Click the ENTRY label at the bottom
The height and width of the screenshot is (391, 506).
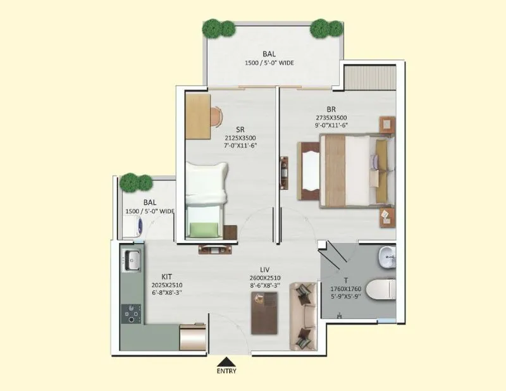click(x=226, y=371)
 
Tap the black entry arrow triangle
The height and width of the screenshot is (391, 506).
click(x=225, y=361)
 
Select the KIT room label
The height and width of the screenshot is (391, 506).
click(x=166, y=276)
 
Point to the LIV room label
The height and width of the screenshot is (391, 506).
click(x=265, y=270)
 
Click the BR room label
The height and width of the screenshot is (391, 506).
click(x=331, y=109)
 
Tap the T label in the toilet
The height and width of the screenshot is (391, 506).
click(x=345, y=280)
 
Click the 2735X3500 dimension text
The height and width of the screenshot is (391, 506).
click(x=331, y=118)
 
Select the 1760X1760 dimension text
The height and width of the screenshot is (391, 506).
click(x=345, y=288)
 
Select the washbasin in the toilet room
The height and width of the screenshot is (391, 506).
click(x=387, y=256)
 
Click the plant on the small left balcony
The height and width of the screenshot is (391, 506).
click(x=137, y=182)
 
